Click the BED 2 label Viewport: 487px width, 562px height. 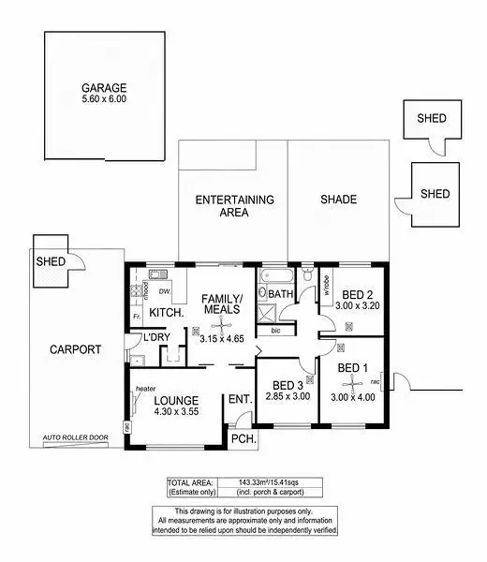click(357, 292)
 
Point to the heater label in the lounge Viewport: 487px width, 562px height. click(145, 389)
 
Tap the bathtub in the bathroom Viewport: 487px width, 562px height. click(276, 277)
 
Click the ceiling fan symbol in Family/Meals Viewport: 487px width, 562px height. click(195, 331)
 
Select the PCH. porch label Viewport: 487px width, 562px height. click(243, 438)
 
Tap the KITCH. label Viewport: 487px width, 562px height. click(165, 311)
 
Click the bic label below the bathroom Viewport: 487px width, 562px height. click(275, 331)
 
